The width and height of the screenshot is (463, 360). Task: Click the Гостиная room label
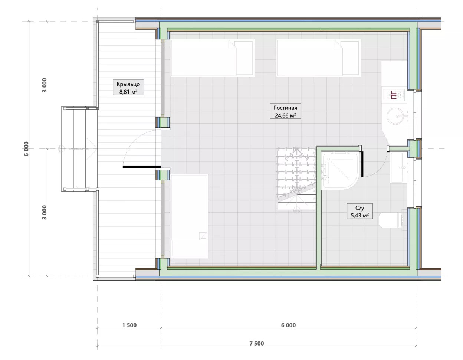click(285, 108)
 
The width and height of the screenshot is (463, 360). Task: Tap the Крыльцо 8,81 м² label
click(128, 87)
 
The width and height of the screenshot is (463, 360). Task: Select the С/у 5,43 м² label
click(359, 211)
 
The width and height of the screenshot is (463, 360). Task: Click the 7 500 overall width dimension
click(256, 343)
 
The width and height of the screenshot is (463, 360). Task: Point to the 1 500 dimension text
click(129, 325)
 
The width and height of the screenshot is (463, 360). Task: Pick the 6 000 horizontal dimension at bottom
click(288, 325)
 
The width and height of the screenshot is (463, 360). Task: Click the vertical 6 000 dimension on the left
click(26, 149)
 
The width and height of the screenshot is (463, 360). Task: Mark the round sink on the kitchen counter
click(395, 116)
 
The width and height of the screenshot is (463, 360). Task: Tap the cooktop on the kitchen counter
click(394, 95)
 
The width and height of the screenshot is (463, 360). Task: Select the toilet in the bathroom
click(391, 220)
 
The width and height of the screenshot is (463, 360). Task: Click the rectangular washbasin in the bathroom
click(397, 167)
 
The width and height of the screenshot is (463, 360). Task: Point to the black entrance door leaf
click(142, 167)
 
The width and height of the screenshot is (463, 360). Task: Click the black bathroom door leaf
click(362, 164)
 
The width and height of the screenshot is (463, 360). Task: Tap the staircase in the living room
click(296, 179)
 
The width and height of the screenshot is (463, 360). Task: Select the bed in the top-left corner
click(213, 58)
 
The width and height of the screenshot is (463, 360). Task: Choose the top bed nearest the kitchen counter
click(319, 58)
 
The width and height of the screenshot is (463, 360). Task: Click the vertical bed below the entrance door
click(189, 216)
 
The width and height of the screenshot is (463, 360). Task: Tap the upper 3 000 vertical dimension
click(44, 85)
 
